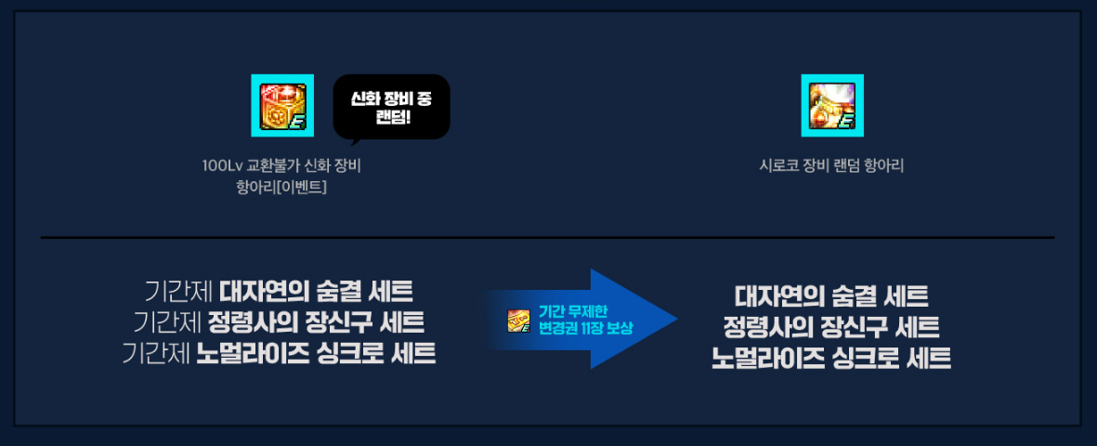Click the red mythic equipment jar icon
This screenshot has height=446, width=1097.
[x=282, y=106]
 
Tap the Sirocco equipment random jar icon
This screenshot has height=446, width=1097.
[x=832, y=106]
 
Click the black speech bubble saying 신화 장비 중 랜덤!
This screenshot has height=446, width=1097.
[x=391, y=108]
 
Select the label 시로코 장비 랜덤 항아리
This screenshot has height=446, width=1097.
[x=832, y=166]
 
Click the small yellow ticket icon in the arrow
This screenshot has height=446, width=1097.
[x=518, y=321]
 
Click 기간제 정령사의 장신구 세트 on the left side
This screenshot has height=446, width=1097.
[x=279, y=323]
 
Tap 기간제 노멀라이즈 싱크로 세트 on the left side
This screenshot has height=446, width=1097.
[x=279, y=355]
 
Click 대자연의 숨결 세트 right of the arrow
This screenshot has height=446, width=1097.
[x=832, y=296]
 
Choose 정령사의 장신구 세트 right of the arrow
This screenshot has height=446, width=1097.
[x=832, y=327]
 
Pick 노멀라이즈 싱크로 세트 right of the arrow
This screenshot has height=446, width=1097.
[x=832, y=359]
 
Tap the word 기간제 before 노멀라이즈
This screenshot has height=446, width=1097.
[x=156, y=355]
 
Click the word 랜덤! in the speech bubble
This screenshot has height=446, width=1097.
[x=391, y=117]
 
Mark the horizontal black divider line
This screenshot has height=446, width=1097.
[x=548, y=238]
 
